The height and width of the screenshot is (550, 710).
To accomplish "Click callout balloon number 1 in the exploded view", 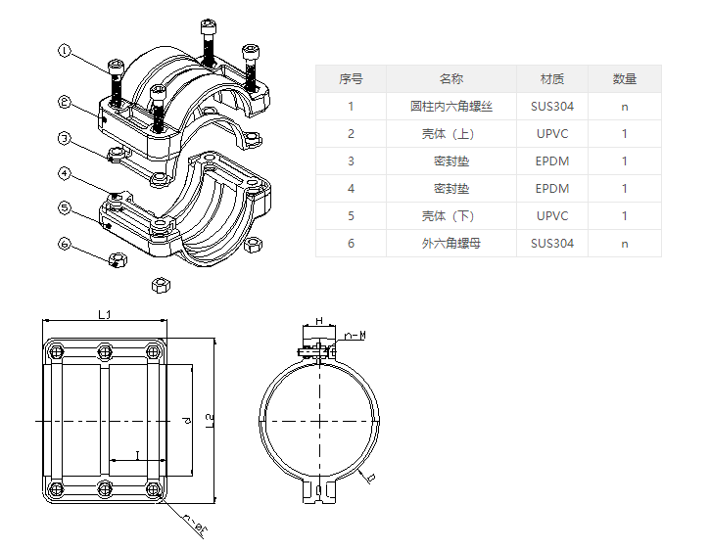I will [65, 50].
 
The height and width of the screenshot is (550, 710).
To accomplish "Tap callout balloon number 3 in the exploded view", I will [65, 138].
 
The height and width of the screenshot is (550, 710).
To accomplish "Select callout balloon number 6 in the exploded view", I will [65, 243].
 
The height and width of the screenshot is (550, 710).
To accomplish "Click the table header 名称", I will [450, 79].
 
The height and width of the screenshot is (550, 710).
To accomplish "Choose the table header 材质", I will [552, 79].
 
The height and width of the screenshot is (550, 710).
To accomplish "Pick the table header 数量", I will [625, 79].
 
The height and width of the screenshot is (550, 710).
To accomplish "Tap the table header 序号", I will [351, 79].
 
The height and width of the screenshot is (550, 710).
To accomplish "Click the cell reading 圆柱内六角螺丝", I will [450, 107].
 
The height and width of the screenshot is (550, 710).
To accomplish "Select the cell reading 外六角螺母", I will [450, 244].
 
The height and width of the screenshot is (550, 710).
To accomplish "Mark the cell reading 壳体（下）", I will [450, 216].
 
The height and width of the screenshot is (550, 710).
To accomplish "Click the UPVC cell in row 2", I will [552, 134].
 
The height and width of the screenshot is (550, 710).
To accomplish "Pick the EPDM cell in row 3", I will [552, 161].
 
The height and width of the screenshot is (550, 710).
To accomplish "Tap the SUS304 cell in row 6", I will [552, 244].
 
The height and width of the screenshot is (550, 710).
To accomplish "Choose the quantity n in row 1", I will [625, 107].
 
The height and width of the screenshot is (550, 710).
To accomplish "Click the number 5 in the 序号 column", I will [351, 216].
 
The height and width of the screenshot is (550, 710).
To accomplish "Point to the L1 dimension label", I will [106, 314].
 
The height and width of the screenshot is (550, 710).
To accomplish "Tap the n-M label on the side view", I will [356, 336].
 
